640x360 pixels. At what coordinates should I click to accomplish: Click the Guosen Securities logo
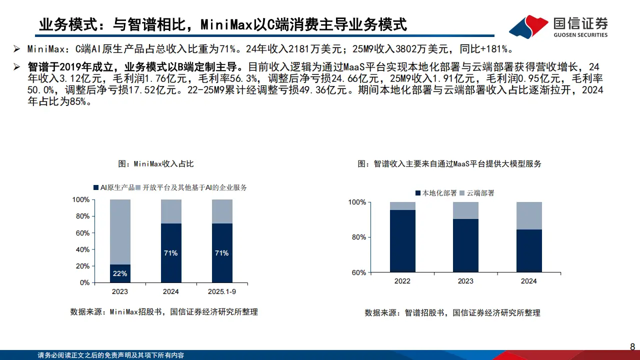click(x=558, y=26)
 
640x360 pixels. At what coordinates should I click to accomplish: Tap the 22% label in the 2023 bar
click(x=120, y=273)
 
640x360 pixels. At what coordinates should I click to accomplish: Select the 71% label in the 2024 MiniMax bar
click(x=170, y=253)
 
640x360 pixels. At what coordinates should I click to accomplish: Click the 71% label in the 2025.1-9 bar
click(x=221, y=253)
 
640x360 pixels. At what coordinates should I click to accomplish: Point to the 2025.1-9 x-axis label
click(x=221, y=291)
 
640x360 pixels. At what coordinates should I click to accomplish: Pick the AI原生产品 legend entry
click(x=114, y=187)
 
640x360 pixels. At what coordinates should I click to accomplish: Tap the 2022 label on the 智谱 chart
click(x=402, y=281)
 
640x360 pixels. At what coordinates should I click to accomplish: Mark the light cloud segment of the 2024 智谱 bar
click(x=529, y=215)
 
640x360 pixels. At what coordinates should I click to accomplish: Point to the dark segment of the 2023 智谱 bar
click(x=465, y=245)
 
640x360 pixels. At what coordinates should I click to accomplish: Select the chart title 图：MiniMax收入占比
click(x=155, y=164)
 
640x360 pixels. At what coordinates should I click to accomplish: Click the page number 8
click(x=632, y=346)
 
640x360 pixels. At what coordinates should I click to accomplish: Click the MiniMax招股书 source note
click(x=164, y=312)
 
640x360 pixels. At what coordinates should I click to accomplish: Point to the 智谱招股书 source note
click(x=452, y=313)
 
